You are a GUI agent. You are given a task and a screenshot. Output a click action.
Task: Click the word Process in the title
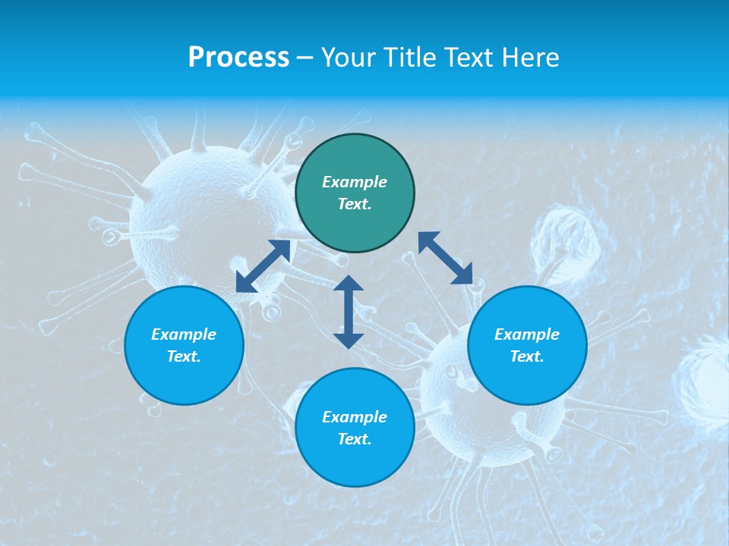(238, 58)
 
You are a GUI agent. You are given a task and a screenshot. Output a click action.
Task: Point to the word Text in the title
(471, 58)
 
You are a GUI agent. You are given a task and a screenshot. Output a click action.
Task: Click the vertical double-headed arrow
(349, 312)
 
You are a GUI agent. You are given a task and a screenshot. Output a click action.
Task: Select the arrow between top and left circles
(263, 266)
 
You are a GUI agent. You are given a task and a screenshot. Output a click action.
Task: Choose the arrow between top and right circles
(446, 258)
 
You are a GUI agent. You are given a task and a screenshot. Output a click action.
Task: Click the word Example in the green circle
(355, 182)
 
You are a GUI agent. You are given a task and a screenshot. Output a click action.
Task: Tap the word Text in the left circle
(184, 356)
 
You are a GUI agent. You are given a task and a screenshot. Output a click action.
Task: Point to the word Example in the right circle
(527, 334)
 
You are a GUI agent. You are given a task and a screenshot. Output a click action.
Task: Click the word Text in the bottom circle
(355, 439)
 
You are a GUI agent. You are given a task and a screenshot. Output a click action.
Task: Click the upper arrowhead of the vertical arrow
(349, 284)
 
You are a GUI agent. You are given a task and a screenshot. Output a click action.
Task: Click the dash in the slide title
(305, 58)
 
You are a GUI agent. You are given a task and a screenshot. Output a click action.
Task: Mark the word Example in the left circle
(184, 334)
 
